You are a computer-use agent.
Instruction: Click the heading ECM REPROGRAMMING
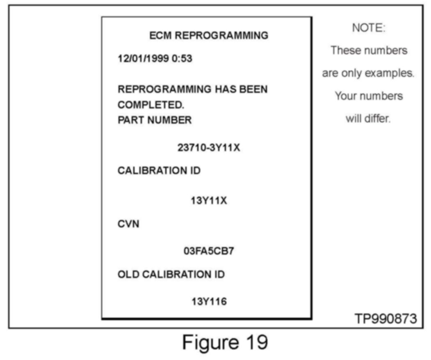click(x=209, y=36)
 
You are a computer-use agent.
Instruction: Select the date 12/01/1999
click(x=143, y=59)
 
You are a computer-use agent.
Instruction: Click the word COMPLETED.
click(x=151, y=105)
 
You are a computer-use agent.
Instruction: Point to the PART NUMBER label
click(x=155, y=120)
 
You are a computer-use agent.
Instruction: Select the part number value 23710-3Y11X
click(x=209, y=148)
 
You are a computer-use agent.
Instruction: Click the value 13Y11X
click(x=209, y=202)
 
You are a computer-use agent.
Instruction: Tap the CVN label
click(x=128, y=225)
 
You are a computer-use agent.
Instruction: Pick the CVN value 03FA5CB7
click(x=209, y=251)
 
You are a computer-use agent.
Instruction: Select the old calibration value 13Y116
click(x=209, y=302)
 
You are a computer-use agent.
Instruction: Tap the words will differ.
click(x=368, y=119)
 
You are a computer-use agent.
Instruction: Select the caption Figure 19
click(x=225, y=342)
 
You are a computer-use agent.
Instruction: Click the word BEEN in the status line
click(x=251, y=89)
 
